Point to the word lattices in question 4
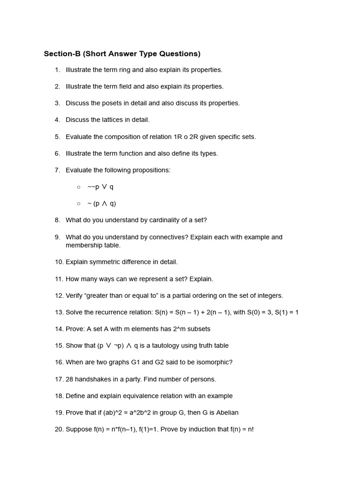click(x=113, y=120)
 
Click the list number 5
click(x=57, y=137)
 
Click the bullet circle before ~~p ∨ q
click(x=78, y=187)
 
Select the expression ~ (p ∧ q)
click(x=102, y=204)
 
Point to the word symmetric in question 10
click(x=105, y=262)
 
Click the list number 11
click(x=59, y=279)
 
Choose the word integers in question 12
click(x=268, y=295)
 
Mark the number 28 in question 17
click(x=70, y=379)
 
